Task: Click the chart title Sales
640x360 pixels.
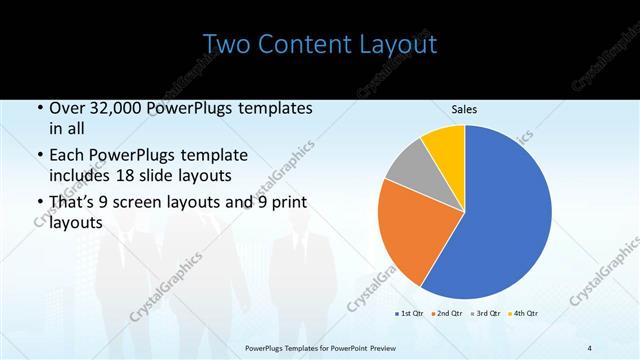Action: click(463, 109)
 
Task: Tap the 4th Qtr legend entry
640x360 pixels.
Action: click(527, 314)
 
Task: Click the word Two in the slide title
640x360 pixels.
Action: click(226, 45)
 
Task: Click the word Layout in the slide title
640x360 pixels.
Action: click(397, 45)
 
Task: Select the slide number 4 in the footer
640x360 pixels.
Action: click(589, 347)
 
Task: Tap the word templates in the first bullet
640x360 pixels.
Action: click(270, 108)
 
